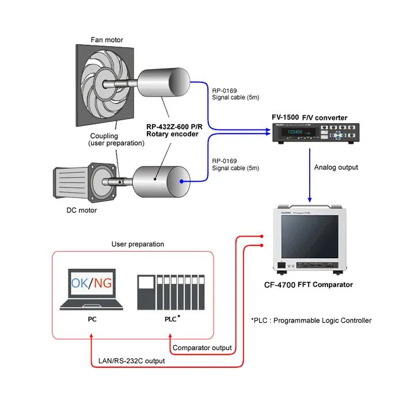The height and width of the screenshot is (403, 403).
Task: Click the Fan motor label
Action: click(107, 40)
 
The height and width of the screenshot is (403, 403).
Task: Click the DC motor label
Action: click(80, 210)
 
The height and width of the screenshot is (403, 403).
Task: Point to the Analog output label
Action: click(336, 168)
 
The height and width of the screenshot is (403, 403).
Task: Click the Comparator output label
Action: click(202, 348)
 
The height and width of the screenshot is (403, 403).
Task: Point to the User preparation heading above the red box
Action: click(138, 244)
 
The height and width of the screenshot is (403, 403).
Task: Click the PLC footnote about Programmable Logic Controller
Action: click(311, 320)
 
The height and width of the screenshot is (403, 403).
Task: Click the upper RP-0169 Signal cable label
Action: click(235, 94)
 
